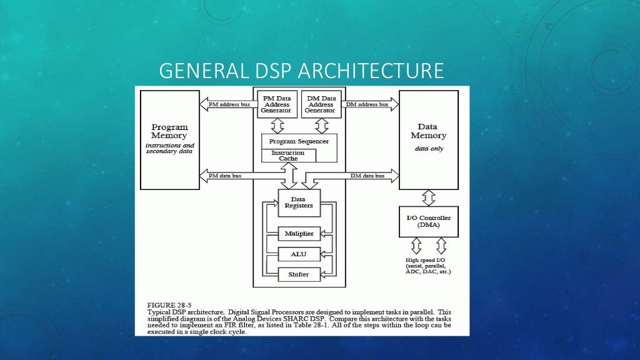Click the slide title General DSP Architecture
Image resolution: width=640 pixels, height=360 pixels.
point(301,71)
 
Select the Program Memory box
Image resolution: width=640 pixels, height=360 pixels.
point(169,139)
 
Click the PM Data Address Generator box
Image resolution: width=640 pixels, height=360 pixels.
point(276,104)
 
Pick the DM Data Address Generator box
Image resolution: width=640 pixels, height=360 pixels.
point(320,104)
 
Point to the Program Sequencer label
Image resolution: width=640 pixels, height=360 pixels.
point(299,141)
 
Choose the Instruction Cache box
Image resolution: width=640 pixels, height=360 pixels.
point(288,156)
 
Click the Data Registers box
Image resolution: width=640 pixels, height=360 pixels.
point(299,202)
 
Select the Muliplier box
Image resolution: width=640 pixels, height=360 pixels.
point(299,234)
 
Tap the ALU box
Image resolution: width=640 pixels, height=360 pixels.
point(299,254)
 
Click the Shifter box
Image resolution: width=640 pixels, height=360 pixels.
point(299,274)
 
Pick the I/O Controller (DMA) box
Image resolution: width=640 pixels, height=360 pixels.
point(428,221)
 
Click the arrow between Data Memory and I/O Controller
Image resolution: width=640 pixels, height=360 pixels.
point(428,198)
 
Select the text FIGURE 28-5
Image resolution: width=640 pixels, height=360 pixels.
point(169,305)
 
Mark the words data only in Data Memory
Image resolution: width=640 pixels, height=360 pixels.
point(428,149)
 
